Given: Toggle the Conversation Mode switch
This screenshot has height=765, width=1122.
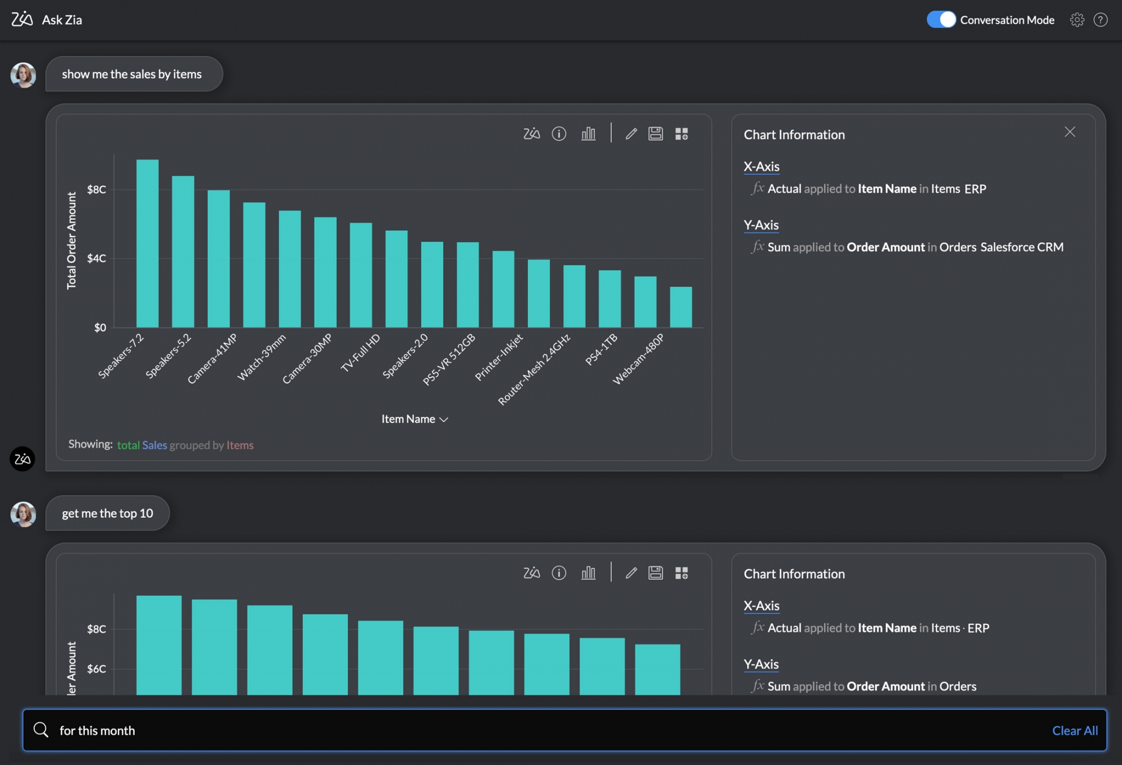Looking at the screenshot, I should pos(941,20).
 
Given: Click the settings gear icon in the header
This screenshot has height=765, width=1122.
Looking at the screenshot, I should pos(1077,20).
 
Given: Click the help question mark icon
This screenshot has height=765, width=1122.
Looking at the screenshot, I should pos(1101,20).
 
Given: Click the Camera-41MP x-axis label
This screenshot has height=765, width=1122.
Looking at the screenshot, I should pos(213,358).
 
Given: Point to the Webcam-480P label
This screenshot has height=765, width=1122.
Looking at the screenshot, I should pos(638,358).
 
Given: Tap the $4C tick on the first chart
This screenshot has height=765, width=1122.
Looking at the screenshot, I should pos(96,259).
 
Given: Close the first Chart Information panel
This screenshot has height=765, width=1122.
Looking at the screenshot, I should pos(1070,132).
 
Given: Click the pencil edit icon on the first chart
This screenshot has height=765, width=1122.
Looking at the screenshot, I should pos(631,133).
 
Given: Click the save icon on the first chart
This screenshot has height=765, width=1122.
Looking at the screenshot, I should pos(655,133).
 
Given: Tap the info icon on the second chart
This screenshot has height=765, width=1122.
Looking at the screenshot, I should pos(559,573).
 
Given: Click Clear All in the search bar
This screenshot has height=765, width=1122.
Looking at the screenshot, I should pos(1074,730).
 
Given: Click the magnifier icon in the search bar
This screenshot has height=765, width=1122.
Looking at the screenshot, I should pos(41,730).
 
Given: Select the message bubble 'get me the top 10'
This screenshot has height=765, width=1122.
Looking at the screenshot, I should pos(107,513).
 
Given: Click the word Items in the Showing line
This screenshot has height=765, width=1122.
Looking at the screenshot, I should pos(240,445).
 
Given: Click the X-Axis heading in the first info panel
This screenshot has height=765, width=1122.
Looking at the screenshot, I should pos(761,167).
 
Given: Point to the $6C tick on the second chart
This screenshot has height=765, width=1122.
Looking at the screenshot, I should pos(96,669).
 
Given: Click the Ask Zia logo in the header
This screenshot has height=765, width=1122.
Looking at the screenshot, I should pos(22,20).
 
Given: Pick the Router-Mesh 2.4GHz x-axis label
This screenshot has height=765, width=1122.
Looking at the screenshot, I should pos(534,369).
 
